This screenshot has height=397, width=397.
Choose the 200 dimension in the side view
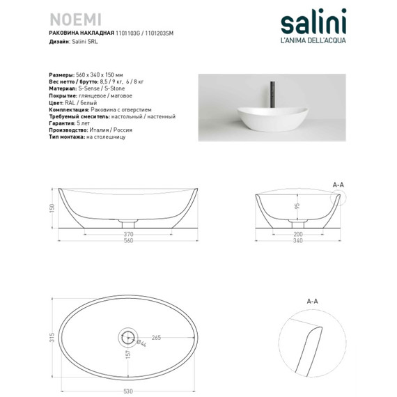pos(297,234)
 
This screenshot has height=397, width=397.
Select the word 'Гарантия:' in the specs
pos(64,123)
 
